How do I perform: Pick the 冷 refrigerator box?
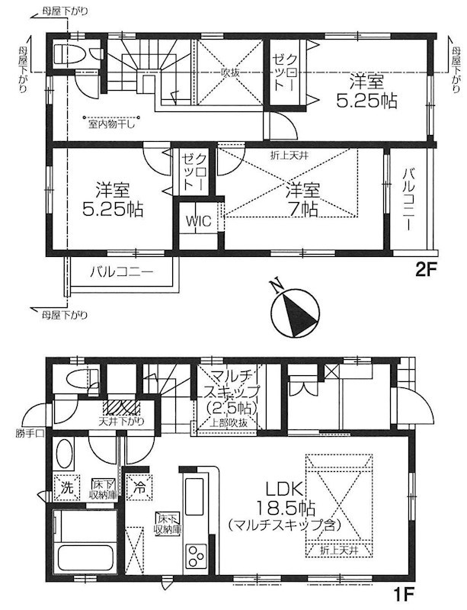click(139, 484)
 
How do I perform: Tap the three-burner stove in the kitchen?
click(196, 553)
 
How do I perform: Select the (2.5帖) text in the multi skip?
click(229, 408)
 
